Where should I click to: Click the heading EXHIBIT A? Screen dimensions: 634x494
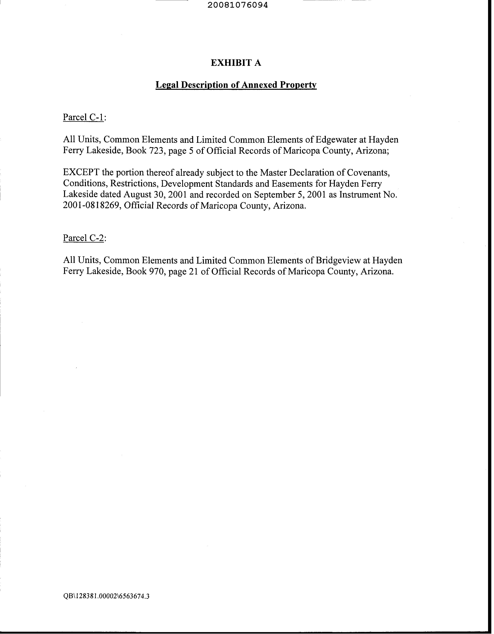[236, 63]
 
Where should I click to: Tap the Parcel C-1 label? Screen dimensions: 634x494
[83, 117]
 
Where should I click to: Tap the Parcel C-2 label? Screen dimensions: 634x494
[83, 238]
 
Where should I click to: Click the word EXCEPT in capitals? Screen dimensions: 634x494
[81, 173]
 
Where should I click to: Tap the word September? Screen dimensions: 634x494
[266, 195]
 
